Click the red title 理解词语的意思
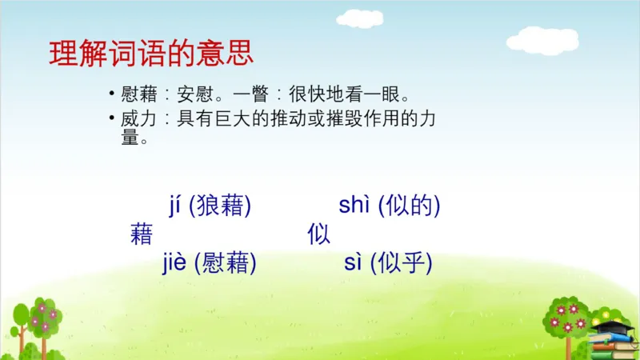tap(151, 54)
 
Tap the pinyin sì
tap(354, 262)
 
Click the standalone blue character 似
tap(318, 235)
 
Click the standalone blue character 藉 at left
tap(141, 235)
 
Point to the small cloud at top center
tap(359, 18)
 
